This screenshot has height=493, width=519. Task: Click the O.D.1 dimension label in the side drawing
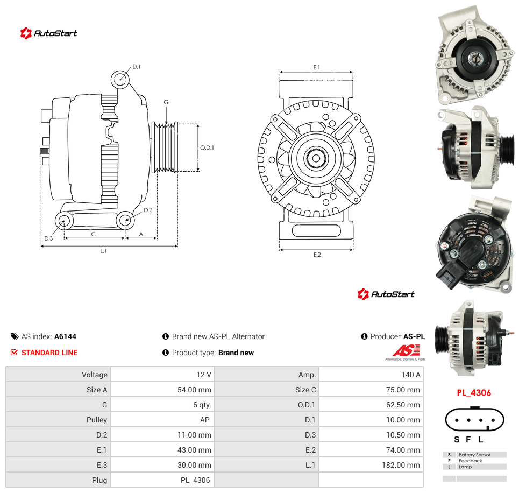207,148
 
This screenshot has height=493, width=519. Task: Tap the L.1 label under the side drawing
103,251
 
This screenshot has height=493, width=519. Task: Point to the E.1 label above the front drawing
317,67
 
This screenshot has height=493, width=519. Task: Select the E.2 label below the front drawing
317,255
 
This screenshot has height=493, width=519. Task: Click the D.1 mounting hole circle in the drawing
120,80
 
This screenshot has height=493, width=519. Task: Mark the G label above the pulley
166,102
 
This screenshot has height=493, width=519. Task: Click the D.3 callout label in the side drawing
48,238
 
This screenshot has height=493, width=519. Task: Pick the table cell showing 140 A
410,375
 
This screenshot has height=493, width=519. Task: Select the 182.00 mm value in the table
401,465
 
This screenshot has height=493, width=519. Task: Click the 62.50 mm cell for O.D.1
403,405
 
